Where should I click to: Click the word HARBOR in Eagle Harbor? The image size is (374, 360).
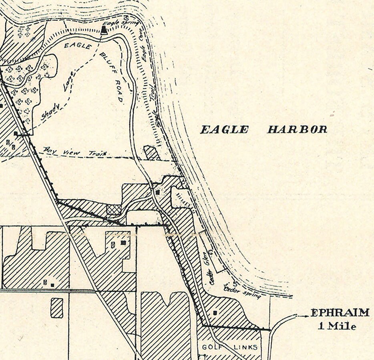tap(297, 129)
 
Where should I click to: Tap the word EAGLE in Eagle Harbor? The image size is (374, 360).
tap(224, 129)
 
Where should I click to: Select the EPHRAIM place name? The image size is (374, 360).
tap(340, 313)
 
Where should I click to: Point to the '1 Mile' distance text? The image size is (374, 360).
tap(337, 326)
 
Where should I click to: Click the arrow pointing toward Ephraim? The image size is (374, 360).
tap(302, 316)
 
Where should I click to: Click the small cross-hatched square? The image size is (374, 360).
tap(113, 210)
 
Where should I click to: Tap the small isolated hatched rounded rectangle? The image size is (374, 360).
tap(57, 308)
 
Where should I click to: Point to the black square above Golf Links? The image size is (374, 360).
tap(215, 312)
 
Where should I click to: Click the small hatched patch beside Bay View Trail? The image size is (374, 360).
tap(151, 152)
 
